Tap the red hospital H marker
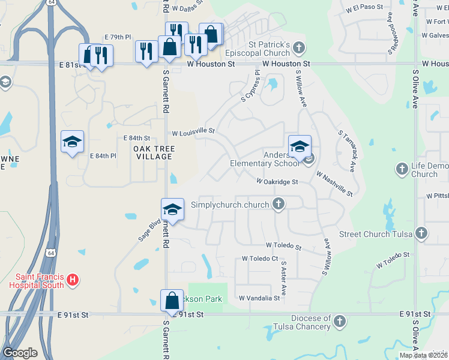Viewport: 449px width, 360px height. click(73, 280)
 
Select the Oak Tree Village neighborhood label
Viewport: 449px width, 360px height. click(145, 152)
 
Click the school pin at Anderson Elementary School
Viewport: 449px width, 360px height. click(300, 146)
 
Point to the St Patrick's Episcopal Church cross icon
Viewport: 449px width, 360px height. click(299, 48)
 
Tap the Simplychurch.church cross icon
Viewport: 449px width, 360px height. click(278, 205)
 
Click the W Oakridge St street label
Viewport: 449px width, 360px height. click(277, 181)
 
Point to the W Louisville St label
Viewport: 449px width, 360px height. click(193, 131)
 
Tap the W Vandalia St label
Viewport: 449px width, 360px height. click(259, 298)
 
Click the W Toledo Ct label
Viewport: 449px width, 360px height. click(260, 259)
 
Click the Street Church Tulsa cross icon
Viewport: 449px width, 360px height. click(421, 233)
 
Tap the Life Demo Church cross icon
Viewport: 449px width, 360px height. click(402, 169)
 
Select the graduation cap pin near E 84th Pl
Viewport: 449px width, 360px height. click(72, 142)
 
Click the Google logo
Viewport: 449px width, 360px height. click(20, 353)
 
